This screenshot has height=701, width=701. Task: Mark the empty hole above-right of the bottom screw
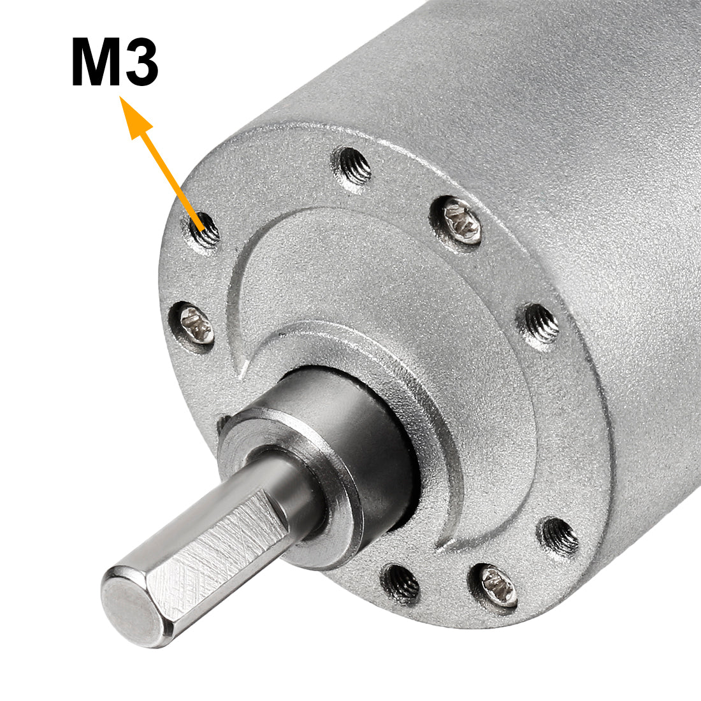click(559, 535)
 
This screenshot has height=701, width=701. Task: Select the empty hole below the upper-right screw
click(540, 324)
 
